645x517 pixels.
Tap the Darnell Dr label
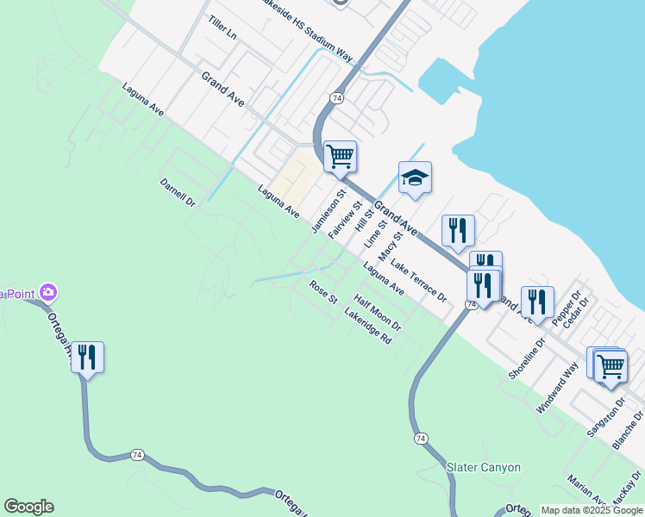click(178, 194)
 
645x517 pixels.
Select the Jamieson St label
click(328, 212)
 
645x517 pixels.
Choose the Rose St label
click(323, 292)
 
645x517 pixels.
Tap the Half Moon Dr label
click(378, 314)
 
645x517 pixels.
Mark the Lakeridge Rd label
click(368, 327)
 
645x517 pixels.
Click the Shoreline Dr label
click(527, 358)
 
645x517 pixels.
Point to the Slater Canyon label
click(484, 467)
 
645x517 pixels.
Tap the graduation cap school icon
click(415, 178)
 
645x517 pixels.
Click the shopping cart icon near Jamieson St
click(341, 157)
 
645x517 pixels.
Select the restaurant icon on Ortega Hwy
click(87, 356)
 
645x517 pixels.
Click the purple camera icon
click(48, 293)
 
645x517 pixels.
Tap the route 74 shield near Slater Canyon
click(420, 439)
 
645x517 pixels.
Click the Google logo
click(28, 507)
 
